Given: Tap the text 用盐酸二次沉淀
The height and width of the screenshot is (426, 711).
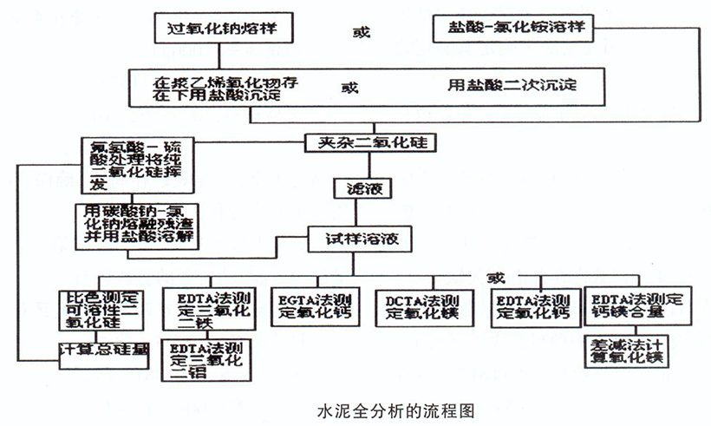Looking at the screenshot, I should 512,85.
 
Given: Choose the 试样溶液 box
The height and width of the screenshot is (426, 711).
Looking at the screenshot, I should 357,236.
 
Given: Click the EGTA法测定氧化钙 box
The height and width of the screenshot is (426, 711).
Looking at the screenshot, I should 316,306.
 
